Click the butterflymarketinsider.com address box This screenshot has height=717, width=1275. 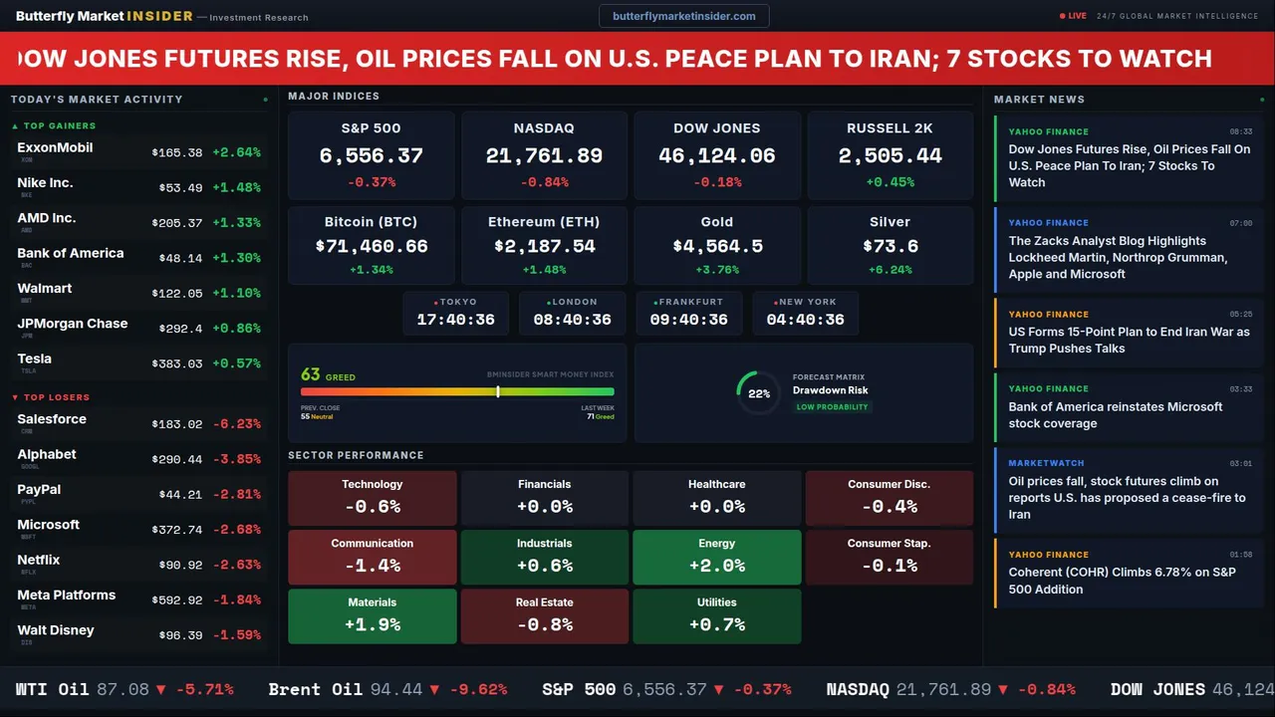point(683,16)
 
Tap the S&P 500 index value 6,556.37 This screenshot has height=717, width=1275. point(371,155)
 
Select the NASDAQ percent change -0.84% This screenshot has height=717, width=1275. point(544,182)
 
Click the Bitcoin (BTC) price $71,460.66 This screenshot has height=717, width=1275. point(371,246)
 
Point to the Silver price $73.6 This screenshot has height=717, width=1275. point(890,246)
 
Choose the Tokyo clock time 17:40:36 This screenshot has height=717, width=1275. point(455,320)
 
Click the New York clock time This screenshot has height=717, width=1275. point(805,320)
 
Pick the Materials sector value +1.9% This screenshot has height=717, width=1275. point(372,624)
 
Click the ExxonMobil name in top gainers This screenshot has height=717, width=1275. point(55,147)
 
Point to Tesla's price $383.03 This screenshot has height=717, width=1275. point(176,363)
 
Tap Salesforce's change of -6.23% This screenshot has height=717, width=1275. point(236,423)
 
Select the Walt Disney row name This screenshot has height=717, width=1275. point(56,630)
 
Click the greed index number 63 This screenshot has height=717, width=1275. point(311,374)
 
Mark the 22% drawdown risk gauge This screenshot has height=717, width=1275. point(758,393)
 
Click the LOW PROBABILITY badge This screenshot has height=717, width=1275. point(832,407)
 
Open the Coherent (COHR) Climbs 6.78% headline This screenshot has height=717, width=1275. point(1122,581)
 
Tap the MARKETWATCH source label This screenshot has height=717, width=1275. point(1046,463)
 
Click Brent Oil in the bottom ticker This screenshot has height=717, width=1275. point(315,689)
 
